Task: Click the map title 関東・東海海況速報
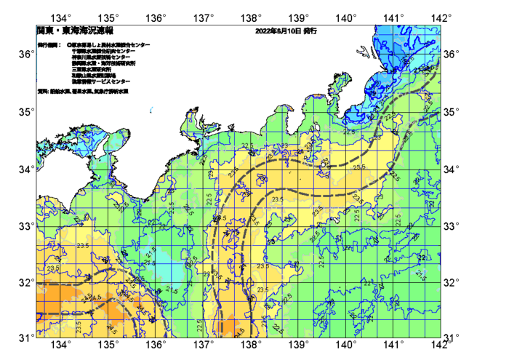click(75, 31)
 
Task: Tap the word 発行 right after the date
click(310, 31)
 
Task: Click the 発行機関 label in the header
click(48, 45)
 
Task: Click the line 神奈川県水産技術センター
click(101, 57)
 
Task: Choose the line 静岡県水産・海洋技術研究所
click(105, 64)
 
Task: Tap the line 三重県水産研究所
click(92, 70)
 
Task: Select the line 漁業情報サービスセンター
click(100, 81)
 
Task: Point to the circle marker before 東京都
click(68, 45)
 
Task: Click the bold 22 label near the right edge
click(422, 257)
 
